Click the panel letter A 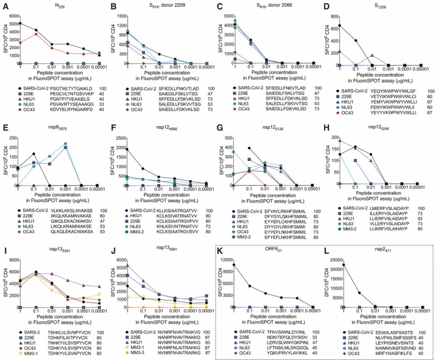(x=4, y=5)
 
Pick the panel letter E (x=4, y=124)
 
